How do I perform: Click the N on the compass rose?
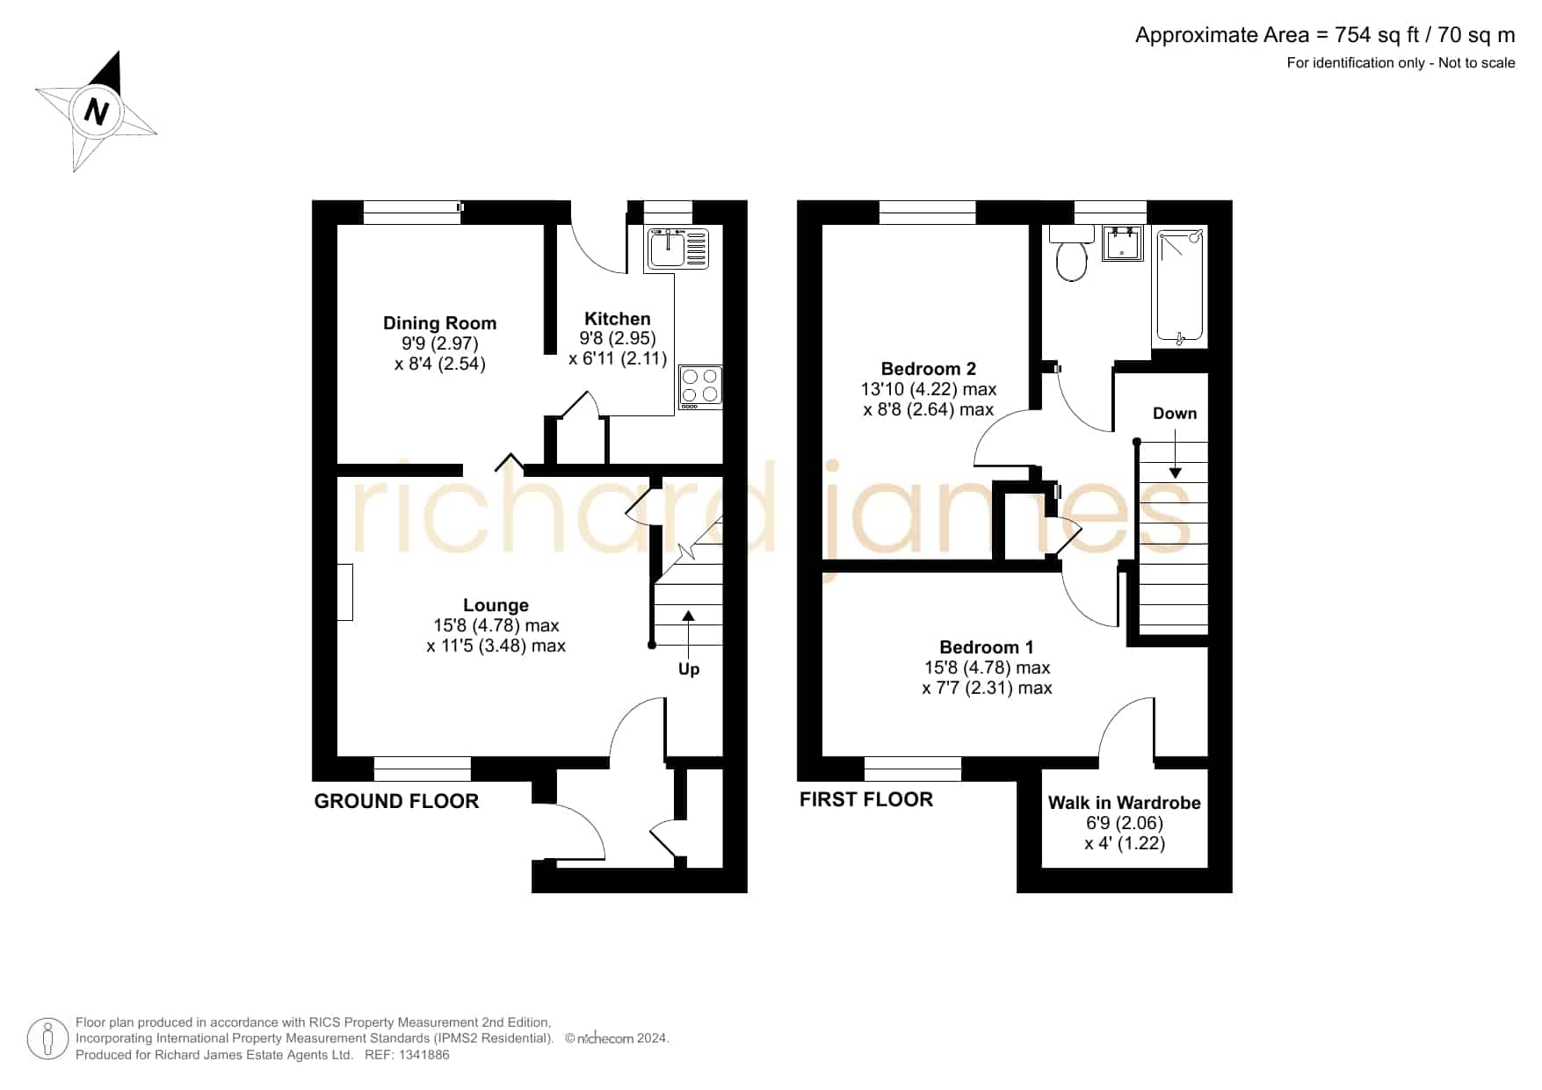[x=97, y=112]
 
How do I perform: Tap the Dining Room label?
[x=439, y=323]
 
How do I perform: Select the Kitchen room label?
[x=618, y=319]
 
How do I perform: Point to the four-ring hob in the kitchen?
[x=700, y=387]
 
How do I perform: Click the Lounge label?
[x=496, y=605]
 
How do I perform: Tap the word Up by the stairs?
[x=689, y=669]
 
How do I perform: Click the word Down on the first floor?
[x=1175, y=413]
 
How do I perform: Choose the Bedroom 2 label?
[x=929, y=369]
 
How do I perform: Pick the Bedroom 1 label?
[x=987, y=647]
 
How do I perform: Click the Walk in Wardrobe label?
[x=1125, y=803]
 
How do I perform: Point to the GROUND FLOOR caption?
[x=396, y=801]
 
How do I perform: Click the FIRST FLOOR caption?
[x=866, y=799]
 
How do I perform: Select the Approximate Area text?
[x=1325, y=35]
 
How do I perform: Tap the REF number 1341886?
[x=426, y=1055]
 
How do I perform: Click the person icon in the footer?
[x=47, y=1039]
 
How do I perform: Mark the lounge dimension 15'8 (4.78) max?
[x=496, y=625]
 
